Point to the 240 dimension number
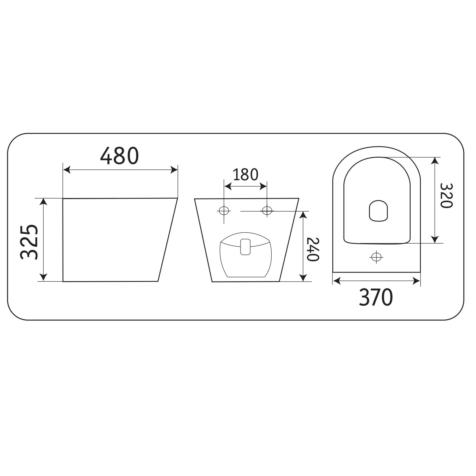pyautogui.click(x=313, y=249)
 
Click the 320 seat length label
pyautogui.click(x=447, y=195)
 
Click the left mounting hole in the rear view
pyautogui.click(x=224, y=211)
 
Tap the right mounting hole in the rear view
pyautogui.click(x=267, y=211)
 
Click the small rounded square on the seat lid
pyautogui.click(x=379, y=211)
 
